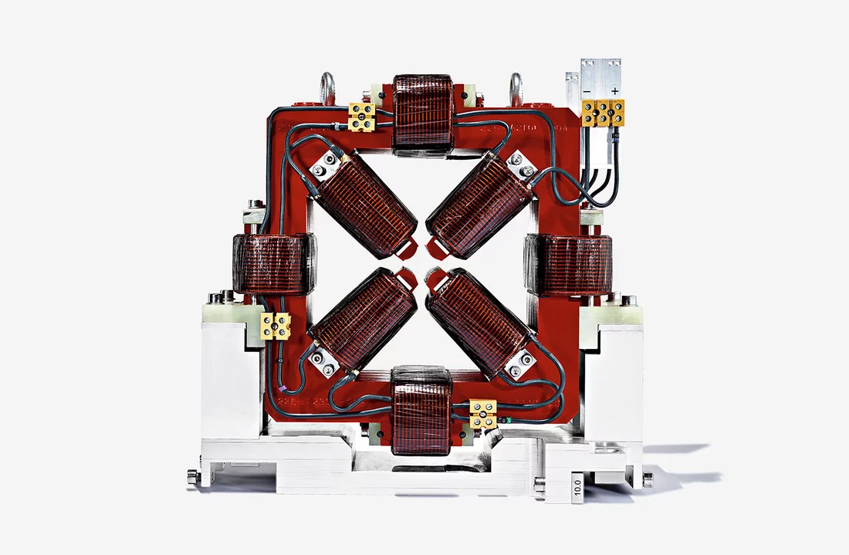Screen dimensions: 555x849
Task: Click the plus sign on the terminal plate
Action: coord(614,90)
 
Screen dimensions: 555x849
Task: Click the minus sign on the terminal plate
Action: coord(588,90)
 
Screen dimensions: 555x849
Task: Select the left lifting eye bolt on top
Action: coord(327,86)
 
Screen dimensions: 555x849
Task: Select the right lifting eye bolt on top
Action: coord(516,86)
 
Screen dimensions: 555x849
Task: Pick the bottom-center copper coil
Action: coord(421,410)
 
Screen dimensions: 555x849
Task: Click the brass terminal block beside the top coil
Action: coord(362,117)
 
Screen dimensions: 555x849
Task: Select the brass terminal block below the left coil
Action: coord(276,327)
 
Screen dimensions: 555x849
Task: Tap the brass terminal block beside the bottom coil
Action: coord(483,414)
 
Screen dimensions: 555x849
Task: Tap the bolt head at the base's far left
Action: coord(192,479)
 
